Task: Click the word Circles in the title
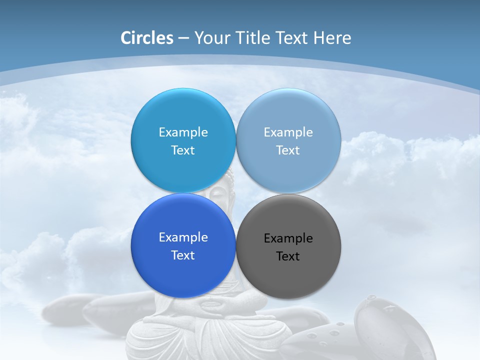coord(147,38)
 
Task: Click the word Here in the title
coord(332,38)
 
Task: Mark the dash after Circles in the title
coord(183,38)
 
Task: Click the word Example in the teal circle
coord(183,132)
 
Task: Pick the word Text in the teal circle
coord(183,150)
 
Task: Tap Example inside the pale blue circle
coord(288,132)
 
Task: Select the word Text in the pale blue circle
coord(288,150)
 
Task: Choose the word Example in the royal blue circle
coord(183,237)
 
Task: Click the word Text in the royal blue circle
coord(183,255)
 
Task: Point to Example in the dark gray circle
coord(288,238)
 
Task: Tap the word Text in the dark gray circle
coord(288,256)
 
